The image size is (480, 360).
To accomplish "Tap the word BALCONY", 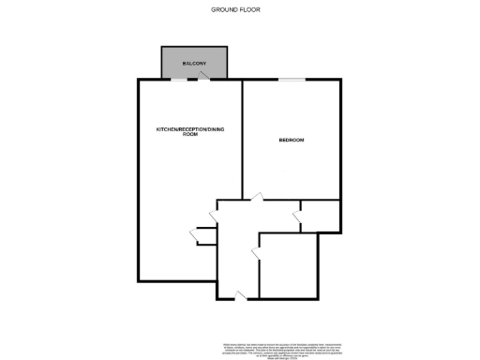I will (195, 63).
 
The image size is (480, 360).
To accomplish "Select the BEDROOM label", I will (292, 141).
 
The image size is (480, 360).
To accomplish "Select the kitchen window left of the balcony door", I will (178, 80).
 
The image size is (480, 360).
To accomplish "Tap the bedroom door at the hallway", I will (255, 197).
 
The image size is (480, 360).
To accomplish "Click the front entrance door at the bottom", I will (242, 295).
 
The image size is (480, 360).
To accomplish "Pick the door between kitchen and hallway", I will (214, 217).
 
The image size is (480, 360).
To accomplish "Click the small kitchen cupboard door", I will (193, 231).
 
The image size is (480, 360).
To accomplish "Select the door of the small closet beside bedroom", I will (297, 218).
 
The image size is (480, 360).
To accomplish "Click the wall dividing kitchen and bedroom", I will (243, 141).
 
